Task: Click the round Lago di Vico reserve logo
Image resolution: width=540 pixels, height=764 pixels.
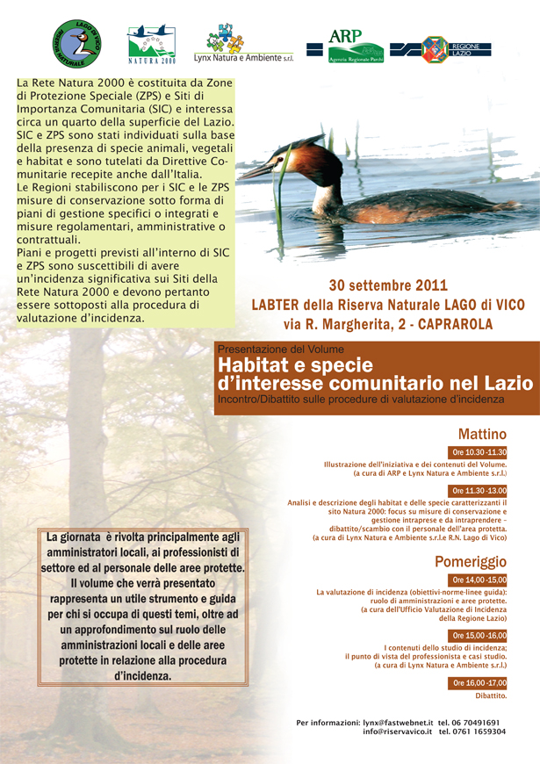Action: point(77,44)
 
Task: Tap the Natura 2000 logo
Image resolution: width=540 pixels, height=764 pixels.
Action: point(152,44)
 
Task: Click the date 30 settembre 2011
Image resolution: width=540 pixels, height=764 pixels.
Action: point(388,286)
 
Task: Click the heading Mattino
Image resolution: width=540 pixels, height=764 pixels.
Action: point(482,434)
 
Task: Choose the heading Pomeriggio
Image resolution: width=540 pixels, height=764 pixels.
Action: point(471,562)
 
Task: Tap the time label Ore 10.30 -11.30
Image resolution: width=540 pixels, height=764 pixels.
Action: point(479,452)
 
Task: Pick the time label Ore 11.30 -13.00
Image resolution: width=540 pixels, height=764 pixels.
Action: point(479,490)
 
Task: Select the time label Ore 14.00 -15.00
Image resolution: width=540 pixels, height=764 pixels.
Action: point(479,580)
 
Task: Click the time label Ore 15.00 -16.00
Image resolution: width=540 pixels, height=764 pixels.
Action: point(479,635)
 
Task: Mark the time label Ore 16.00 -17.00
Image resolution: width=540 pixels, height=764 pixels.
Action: point(479,682)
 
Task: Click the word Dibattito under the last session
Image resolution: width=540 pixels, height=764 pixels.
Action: point(491,696)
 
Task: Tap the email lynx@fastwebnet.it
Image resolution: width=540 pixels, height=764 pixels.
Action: point(397,722)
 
